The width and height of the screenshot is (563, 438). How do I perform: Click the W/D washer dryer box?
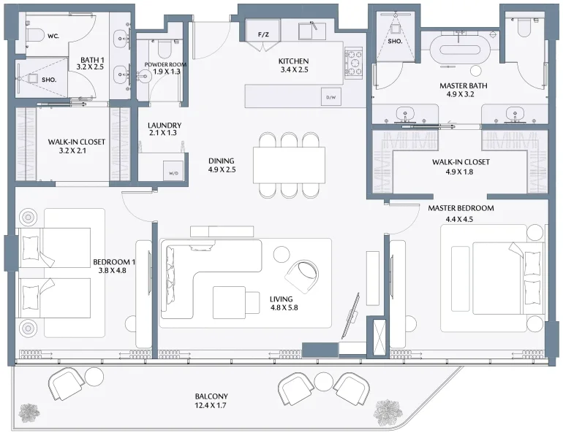(x=173, y=170)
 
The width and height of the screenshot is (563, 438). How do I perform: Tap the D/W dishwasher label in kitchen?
(x=330, y=97)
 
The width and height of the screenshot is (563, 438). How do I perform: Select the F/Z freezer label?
(x=263, y=34)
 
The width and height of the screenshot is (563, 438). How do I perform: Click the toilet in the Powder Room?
(x=165, y=49)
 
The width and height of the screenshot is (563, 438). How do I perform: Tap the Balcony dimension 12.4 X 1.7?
(x=211, y=406)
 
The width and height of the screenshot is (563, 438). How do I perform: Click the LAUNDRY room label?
(x=164, y=126)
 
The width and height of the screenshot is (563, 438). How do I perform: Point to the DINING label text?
(x=222, y=160)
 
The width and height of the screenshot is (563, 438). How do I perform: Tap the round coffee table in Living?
(x=281, y=253)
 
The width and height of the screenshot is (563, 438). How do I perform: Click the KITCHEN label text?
(x=294, y=61)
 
